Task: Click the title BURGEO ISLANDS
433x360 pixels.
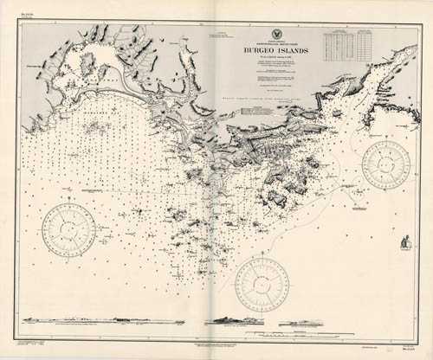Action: coord(268,50)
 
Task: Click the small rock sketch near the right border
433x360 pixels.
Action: coord(404,241)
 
